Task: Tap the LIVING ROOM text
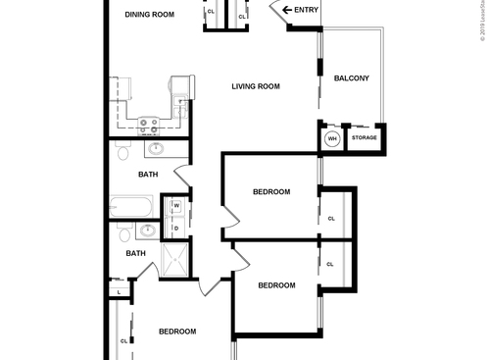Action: [256, 86]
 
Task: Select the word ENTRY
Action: [307, 10]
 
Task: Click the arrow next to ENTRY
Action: [287, 10]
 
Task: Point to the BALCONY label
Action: [351, 78]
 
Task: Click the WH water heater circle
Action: [332, 139]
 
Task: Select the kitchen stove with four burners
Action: [150, 125]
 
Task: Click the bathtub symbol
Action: [131, 208]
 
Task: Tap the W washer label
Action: [176, 206]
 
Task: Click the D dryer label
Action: [176, 227]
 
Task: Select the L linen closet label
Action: [119, 291]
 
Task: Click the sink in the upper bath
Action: [156, 150]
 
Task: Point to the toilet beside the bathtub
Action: [121, 235]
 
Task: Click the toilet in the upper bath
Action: [121, 153]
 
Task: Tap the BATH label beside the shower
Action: [135, 253]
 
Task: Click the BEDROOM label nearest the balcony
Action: [271, 191]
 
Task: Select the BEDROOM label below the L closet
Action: [177, 332]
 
